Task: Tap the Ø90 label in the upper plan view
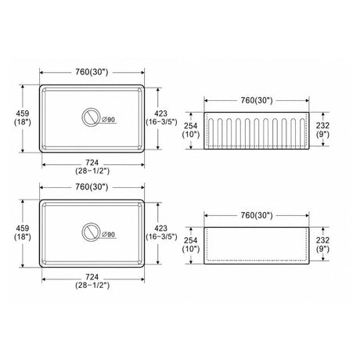pos(109,120)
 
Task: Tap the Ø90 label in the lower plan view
pos(109,235)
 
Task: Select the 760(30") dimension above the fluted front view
pos(257,100)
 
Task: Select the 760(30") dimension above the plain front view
pos(257,215)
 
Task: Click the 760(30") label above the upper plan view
pos(92,72)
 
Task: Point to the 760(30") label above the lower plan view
pos(92,187)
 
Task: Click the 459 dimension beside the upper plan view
pos(23,113)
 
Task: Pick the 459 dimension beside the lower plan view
pos(23,229)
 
